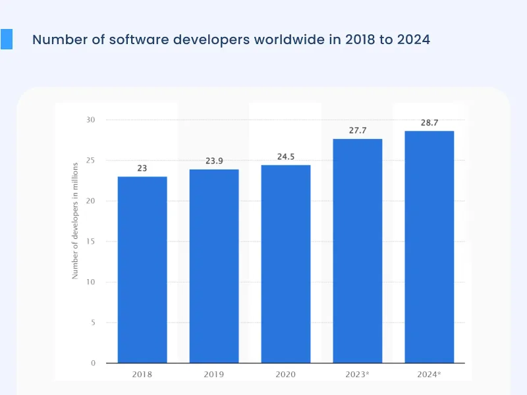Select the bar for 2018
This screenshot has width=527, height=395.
142,270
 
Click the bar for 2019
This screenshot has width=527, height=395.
214,266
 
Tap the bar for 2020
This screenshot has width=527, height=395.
286,264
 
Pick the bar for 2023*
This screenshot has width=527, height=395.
358,251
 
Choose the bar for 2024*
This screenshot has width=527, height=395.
429,247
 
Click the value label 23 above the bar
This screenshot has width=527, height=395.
142,169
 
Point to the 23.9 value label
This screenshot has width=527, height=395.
214,161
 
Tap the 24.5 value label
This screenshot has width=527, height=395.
286,157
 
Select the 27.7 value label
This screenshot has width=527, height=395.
358,130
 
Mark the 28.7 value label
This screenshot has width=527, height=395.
429,122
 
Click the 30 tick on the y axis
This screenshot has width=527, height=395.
91,120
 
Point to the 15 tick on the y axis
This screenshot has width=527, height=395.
91,242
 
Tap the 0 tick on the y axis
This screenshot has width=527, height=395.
93,363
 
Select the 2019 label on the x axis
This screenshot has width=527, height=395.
214,374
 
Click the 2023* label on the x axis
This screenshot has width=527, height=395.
358,374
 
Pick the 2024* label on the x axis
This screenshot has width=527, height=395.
429,374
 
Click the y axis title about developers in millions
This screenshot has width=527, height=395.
76,221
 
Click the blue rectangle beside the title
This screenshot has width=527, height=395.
7,39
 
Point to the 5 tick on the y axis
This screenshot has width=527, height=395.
93,323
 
